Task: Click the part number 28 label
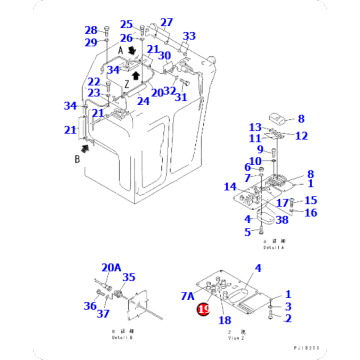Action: [91, 31]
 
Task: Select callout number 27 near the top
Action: [166, 22]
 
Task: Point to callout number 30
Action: [163, 56]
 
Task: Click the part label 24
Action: [143, 101]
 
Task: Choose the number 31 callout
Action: [181, 97]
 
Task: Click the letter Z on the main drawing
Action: [127, 83]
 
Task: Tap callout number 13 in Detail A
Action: [255, 127]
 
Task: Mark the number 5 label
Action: [247, 234]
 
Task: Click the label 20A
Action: [110, 268]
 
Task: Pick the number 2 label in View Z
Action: [288, 318]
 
